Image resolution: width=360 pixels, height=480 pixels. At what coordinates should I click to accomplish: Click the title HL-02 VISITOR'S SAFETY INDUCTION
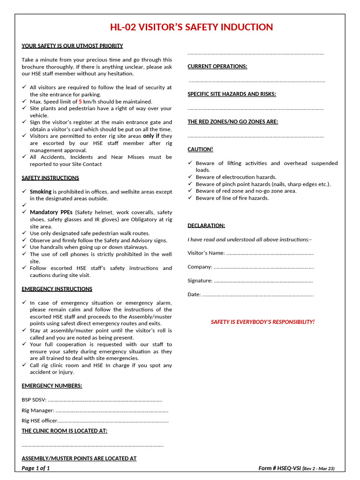[x=191, y=27]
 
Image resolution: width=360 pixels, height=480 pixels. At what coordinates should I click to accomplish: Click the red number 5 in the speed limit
[x=80, y=101]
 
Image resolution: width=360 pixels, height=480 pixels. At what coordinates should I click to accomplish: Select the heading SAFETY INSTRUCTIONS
[x=50, y=178]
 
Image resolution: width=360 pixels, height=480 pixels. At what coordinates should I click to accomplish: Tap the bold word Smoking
[x=40, y=192]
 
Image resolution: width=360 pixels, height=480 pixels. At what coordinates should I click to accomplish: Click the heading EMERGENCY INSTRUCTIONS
[x=57, y=289]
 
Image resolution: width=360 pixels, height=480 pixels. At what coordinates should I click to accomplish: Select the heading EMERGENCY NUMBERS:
[x=52, y=386]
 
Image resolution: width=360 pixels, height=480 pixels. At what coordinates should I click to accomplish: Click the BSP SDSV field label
[x=34, y=400]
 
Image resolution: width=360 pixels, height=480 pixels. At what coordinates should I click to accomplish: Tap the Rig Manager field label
[x=37, y=410]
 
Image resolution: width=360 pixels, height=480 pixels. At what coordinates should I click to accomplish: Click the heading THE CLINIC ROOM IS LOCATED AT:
[x=64, y=430]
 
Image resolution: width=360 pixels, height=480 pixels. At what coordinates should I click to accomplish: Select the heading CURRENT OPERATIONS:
[x=217, y=67]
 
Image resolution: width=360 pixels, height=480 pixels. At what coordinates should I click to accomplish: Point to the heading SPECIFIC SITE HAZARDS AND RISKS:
[x=232, y=94]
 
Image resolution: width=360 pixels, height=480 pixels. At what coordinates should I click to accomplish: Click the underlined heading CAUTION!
[x=200, y=149]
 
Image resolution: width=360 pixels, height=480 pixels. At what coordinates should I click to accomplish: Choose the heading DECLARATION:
[x=206, y=225]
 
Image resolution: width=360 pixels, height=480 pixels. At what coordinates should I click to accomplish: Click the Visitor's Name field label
[x=206, y=253]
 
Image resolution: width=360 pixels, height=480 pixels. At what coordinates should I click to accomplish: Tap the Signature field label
[x=200, y=281]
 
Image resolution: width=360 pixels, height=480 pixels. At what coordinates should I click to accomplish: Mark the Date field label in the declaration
[x=194, y=294]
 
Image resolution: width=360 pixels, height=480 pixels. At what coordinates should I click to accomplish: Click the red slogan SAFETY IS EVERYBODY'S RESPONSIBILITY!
[x=262, y=322]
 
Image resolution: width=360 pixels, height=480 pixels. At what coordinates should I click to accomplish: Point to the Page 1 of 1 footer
[x=36, y=468]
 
